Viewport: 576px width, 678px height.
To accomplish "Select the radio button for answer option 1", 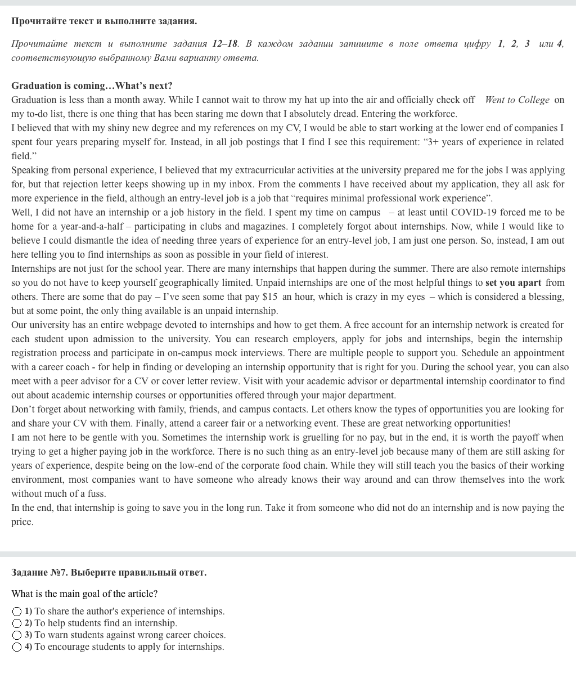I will (17, 612).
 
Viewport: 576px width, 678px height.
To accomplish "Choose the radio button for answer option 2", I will (17, 623).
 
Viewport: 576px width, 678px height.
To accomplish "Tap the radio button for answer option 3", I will (17, 635).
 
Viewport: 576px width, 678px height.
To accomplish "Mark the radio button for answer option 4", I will (17, 647).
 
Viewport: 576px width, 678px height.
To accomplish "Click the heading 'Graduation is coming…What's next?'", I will (92, 86).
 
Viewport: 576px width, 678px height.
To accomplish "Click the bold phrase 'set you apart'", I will (513, 282).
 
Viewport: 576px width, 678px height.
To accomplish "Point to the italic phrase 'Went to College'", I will (517, 100).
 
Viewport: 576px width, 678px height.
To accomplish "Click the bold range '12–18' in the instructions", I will (225, 43).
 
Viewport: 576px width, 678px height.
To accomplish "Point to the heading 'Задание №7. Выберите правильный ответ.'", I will (109, 572).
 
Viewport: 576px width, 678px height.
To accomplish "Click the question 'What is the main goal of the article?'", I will (84, 594).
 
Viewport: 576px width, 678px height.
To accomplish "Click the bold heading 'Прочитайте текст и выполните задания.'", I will (104, 21).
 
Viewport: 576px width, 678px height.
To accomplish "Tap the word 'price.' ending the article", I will (22, 522).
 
